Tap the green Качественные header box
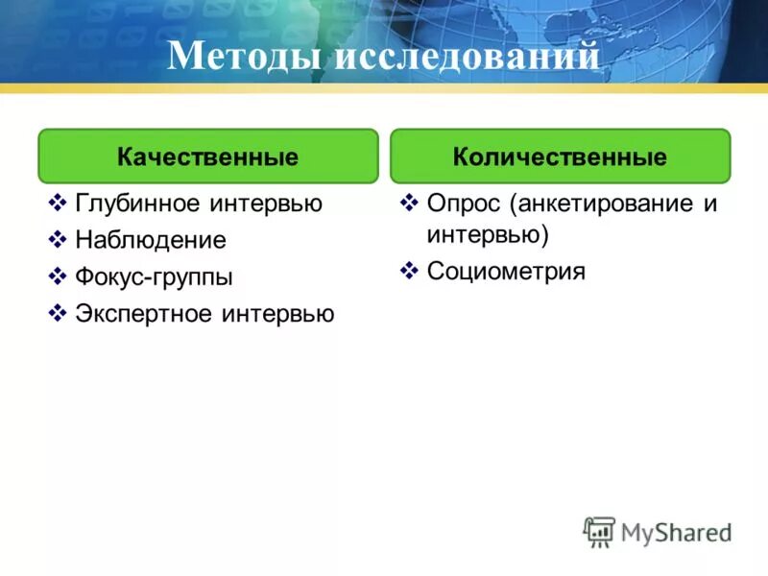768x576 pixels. [x=207, y=156]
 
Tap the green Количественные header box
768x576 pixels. [x=560, y=156]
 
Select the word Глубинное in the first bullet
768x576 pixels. [x=137, y=204]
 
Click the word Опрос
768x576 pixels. [x=465, y=204]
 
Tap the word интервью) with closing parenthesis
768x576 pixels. [x=487, y=234]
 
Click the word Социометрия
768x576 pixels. [x=506, y=272]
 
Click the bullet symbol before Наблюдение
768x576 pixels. [x=57, y=240]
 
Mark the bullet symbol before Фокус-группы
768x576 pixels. [x=57, y=277]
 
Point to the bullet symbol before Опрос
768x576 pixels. [x=409, y=204]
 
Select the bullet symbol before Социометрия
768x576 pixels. [x=409, y=272]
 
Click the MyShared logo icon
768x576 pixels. [x=599, y=531]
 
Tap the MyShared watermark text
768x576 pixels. [x=676, y=532]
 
